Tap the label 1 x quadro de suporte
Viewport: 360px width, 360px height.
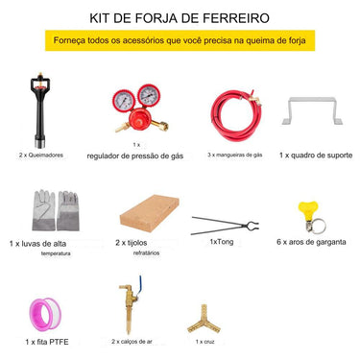point(312,154)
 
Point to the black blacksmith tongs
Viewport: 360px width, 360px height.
point(227,227)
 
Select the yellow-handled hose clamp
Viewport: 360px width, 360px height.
point(308,215)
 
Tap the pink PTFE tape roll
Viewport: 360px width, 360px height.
point(47,311)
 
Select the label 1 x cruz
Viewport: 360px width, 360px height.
point(204,341)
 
